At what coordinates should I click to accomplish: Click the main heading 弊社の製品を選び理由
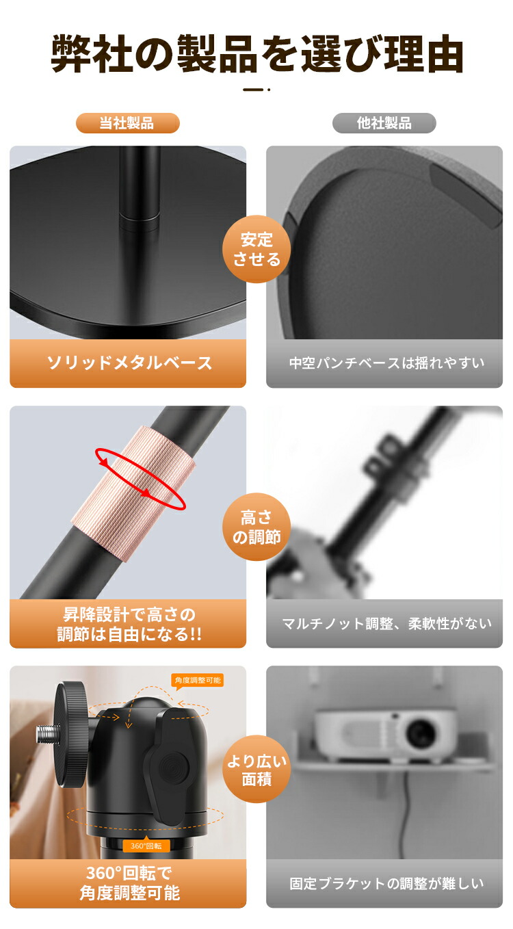coord(256,55)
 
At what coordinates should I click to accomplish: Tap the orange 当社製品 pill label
coord(127,123)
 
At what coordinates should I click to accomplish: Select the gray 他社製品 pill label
coord(384,123)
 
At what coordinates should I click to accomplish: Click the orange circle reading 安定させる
coord(256,249)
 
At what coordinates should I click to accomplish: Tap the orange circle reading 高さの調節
coord(256,527)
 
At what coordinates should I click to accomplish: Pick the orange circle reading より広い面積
coord(256,769)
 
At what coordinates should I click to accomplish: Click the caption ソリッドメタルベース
coord(129,363)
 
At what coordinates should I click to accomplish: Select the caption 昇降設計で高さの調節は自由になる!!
coord(129,623)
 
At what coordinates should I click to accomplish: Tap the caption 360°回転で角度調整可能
coord(129,883)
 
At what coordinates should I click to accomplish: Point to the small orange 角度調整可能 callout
coord(197,681)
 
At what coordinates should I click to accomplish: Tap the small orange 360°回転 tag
coord(146,846)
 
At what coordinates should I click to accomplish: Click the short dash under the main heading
coord(254,89)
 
